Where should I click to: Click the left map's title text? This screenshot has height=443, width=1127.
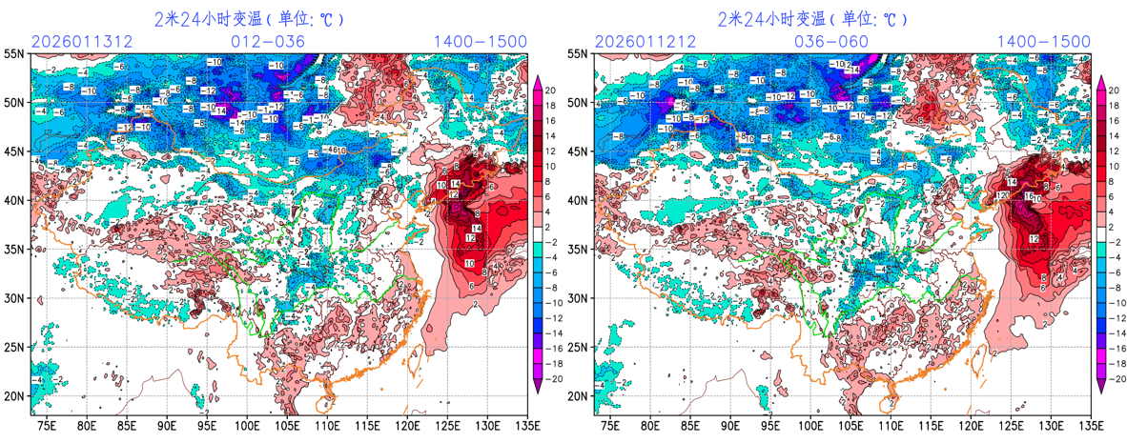click(x=249, y=19)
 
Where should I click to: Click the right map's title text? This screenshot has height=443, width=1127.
click(x=812, y=19)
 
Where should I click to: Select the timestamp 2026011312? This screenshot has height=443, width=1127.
click(x=78, y=42)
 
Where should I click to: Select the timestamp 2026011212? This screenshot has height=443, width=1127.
click(x=641, y=42)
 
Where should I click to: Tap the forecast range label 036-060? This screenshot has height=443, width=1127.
click(x=831, y=42)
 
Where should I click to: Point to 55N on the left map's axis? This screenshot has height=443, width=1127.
click(x=15, y=55)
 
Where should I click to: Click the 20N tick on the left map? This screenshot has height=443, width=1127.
click(x=15, y=396)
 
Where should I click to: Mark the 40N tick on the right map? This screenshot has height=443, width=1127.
click(x=578, y=201)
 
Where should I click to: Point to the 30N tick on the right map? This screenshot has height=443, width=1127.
click(x=578, y=298)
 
